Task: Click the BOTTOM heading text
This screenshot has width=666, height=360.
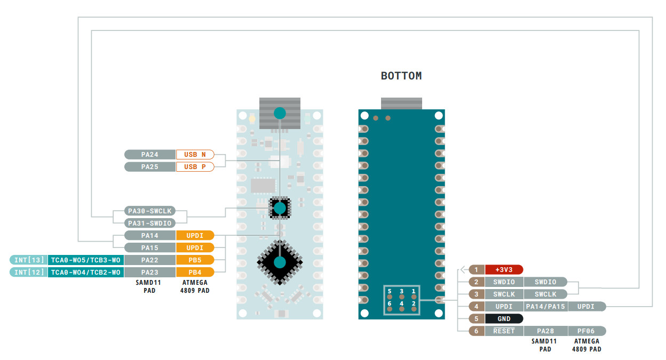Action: click(x=401, y=76)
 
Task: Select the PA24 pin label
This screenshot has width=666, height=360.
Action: click(x=150, y=155)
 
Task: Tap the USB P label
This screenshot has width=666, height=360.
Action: click(x=195, y=167)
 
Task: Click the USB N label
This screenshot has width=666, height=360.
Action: click(x=195, y=155)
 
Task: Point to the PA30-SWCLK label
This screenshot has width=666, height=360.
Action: click(x=149, y=211)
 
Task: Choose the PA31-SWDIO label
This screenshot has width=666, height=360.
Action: click(x=149, y=223)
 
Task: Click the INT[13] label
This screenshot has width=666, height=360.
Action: click(x=28, y=260)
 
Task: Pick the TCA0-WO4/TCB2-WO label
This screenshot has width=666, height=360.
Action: click(x=85, y=273)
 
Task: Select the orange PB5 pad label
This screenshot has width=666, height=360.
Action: click(x=195, y=260)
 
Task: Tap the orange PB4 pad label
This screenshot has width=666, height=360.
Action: click(x=195, y=273)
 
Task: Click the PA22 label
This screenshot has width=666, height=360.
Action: click(x=150, y=260)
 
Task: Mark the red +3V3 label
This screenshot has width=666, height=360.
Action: click(x=504, y=270)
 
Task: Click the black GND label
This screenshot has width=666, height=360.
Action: click(x=504, y=319)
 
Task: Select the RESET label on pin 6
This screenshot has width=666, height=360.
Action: click(x=504, y=331)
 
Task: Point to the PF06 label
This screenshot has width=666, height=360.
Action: click(x=585, y=331)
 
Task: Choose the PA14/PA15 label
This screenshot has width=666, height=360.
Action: click(x=544, y=307)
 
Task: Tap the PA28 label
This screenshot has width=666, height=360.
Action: click(x=544, y=331)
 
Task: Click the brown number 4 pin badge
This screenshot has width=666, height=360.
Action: click(x=477, y=307)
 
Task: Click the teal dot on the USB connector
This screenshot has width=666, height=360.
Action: click(x=279, y=113)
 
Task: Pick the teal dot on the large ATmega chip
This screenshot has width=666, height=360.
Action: click(x=280, y=262)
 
